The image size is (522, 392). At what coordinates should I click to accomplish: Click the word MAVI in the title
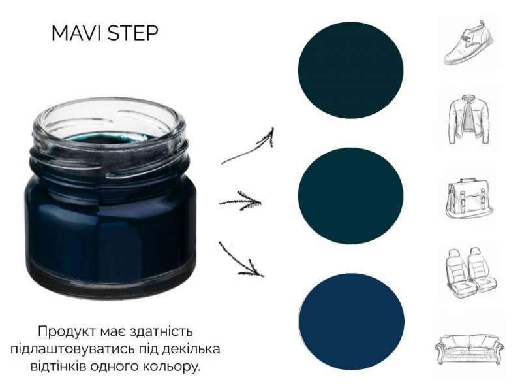click(78, 33)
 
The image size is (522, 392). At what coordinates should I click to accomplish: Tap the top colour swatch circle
click(350, 70)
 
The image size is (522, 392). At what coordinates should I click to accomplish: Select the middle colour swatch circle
click(350, 195)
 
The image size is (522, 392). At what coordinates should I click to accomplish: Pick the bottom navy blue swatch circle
click(352, 321)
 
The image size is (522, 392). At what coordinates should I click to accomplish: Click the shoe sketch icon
click(468, 42)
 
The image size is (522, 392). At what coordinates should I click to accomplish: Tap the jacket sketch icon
click(468, 120)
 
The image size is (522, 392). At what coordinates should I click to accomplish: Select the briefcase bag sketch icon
click(468, 199)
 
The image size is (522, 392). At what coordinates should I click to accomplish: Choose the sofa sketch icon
click(469, 349)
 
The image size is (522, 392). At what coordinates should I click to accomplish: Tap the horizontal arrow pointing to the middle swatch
click(240, 201)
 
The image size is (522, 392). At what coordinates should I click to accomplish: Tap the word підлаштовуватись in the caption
click(72, 350)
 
